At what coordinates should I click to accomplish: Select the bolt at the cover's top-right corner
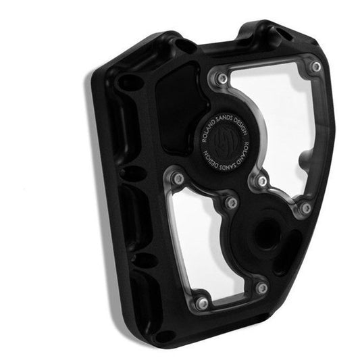tap(315, 66)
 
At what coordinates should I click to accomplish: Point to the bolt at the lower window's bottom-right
tap(261, 288)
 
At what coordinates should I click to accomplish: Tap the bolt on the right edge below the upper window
tap(306, 207)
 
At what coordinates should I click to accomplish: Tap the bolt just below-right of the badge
tap(261, 181)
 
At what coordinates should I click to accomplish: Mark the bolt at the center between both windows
tap(232, 202)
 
